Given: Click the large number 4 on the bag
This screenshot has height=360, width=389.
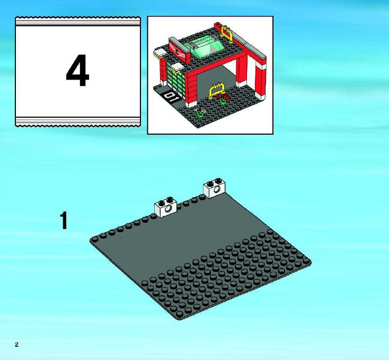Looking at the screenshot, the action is click(x=77, y=70).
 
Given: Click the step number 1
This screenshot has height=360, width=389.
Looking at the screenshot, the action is click(x=64, y=221).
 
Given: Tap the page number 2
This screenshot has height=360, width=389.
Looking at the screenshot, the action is click(x=16, y=345).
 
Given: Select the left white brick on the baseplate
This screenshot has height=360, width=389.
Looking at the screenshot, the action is click(x=166, y=207).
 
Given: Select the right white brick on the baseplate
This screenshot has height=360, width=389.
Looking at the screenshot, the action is click(x=214, y=188).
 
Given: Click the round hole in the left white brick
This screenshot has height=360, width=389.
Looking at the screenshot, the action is click(x=169, y=209).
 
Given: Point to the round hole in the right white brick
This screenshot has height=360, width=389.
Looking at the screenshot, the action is click(x=217, y=190).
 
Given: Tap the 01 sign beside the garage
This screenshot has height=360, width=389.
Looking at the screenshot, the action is click(x=171, y=96).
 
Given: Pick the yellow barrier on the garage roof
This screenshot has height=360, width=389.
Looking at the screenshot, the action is click(x=228, y=33).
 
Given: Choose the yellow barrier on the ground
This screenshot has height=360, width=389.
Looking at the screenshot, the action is click(x=217, y=90).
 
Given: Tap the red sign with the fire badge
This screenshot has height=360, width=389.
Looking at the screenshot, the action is click(x=179, y=51).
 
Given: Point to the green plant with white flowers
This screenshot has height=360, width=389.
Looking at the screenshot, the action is click(x=200, y=112).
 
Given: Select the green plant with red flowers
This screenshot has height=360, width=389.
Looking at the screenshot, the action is click(x=223, y=99).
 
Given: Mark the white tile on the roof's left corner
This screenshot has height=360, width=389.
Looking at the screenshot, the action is click(x=160, y=52).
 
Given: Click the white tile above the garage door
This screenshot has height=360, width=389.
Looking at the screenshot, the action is click(x=176, y=66).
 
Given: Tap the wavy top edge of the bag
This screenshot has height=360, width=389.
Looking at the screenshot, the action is click(x=78, y=17).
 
